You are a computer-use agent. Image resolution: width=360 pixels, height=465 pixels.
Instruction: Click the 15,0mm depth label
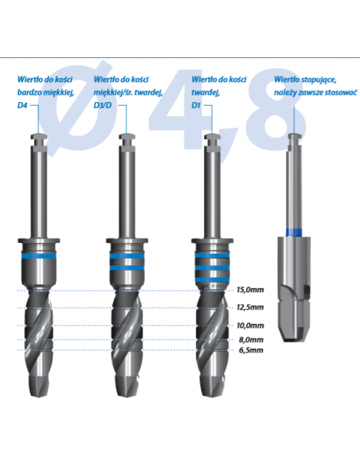click(x=250, y=290)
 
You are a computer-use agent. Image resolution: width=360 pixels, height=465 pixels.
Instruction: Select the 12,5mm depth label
click(x=250, y=307)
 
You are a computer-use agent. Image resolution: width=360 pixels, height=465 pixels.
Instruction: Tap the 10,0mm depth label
click(x=250, y=326)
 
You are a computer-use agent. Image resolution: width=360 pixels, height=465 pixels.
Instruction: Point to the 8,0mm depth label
click(x=251, y=339)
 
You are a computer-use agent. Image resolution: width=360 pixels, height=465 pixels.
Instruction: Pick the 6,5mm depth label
click(x=251, y=350)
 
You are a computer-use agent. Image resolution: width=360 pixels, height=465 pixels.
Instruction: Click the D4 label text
click(x=22, y=105)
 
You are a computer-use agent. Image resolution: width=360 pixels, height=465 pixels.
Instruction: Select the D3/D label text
click(x=103, y=105)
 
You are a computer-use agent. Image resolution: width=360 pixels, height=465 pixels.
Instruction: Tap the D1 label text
click(x=196, y=105)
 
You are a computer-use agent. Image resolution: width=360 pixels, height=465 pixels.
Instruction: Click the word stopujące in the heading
click(x=319, y=80)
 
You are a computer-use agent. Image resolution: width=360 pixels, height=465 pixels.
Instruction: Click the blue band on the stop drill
click(x=294, y=232)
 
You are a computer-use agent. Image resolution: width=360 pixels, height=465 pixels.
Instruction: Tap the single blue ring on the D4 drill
click(x=39, y=256)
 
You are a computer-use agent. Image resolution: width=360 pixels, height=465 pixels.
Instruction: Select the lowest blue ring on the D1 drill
click(x=212, y=279)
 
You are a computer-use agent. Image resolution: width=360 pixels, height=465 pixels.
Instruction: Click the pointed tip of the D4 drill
click(x=39, y=396)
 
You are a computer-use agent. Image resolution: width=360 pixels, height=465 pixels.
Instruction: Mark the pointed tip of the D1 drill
click(x=213, y=396)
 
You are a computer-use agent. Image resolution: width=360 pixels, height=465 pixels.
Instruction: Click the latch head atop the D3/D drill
click(x=127, y=137)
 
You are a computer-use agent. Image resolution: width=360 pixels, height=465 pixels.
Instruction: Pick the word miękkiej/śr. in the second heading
click(x=114, y=92)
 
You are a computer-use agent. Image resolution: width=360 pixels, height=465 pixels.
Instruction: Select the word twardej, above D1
click(x=205, y=92)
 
